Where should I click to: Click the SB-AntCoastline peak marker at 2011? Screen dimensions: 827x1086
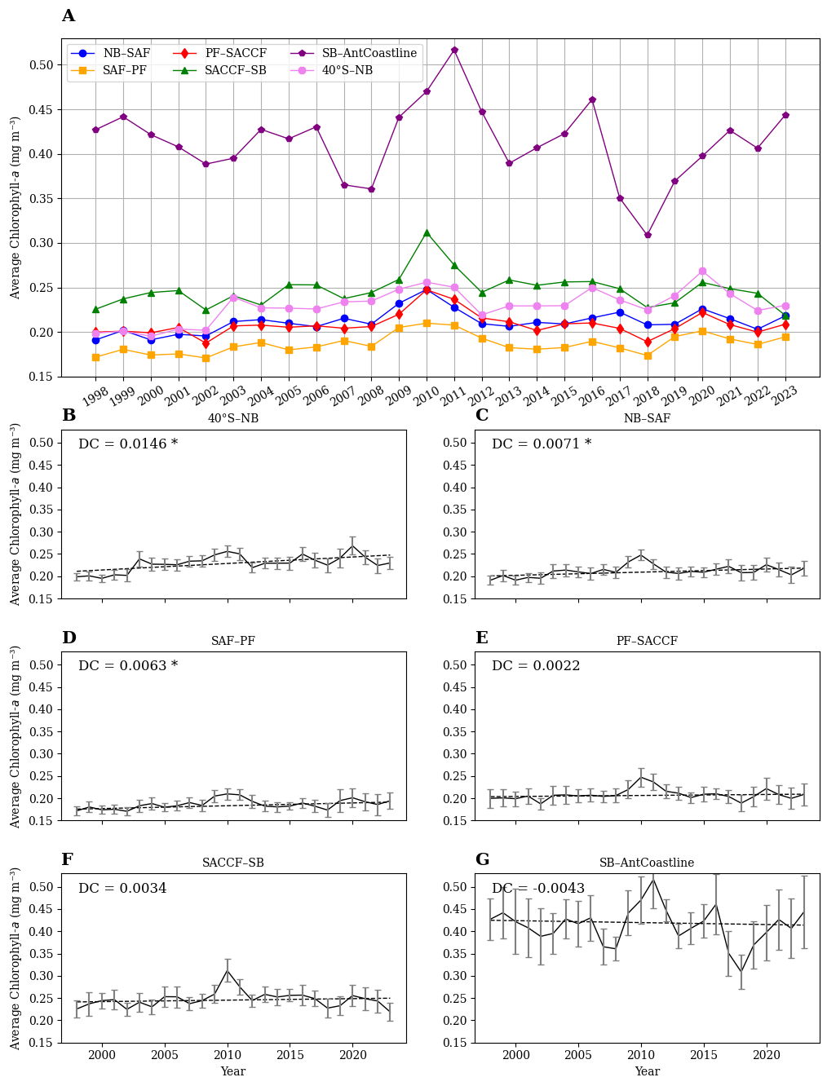[454, 51]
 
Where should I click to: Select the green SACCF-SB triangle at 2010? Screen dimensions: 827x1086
[427, 232]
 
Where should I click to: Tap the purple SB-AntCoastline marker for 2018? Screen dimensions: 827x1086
[648, 235]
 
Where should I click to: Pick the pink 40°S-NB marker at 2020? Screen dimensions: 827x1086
[702, 271]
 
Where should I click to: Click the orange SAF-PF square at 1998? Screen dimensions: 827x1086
[95, 357]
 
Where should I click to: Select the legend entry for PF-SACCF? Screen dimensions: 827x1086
[219, 53]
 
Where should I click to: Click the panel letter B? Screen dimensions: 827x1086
[69, 415]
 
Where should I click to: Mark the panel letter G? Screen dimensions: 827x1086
[483, 859]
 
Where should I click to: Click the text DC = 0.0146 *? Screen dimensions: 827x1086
[128, 444]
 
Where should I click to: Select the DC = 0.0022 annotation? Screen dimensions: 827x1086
[536, 665]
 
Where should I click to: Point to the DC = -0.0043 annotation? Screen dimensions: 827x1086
[538, 888]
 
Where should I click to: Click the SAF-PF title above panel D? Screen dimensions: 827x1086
[233, 641]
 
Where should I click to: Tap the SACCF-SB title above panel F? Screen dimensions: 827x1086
[233, 863]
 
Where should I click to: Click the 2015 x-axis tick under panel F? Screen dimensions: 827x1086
[290, 1055]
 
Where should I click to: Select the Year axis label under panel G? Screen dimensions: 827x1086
[647, 1071]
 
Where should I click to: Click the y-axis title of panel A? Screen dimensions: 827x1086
[15, 208]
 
